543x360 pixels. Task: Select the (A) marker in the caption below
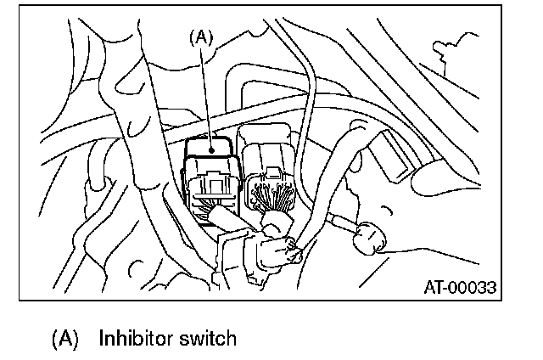64,339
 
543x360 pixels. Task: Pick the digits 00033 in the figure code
471,287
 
